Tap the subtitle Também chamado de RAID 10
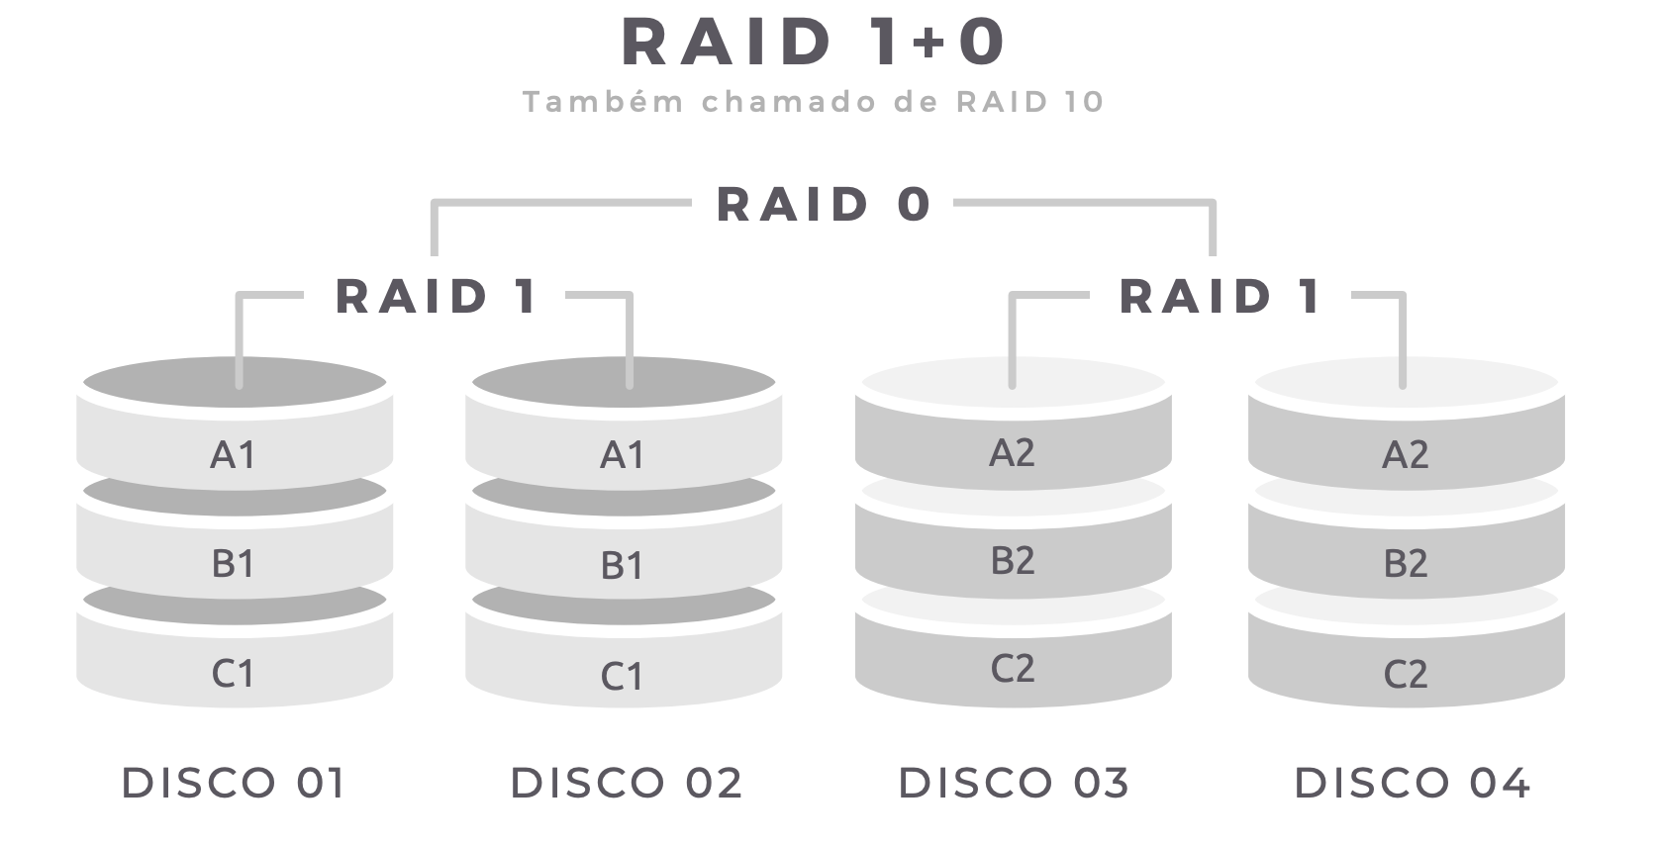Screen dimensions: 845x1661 click(813, 102)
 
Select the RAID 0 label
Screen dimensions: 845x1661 click(824, 205)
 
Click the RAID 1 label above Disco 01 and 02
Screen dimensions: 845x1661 click(437, 296)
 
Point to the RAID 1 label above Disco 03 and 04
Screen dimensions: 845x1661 click(1221, 296)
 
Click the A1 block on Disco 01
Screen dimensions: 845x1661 click(234, 454)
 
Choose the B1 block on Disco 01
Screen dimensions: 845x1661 click(234, 563)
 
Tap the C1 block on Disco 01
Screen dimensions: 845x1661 click(234, 673)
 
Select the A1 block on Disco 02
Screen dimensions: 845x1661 click(623, 454)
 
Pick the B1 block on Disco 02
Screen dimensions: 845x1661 click(623, 565)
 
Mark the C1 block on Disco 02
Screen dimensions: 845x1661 click(623, 676)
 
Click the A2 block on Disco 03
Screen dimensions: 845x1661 click(1013, 452)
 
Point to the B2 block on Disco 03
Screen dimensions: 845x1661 click(1013, 560)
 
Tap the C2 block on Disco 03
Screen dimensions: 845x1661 click(1013, 669)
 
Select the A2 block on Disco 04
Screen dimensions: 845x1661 click(1406, 454)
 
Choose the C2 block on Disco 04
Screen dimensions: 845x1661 click(1406, 674)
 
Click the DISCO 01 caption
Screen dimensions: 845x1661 click(234, 783)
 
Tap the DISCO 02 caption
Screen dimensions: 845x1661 click(626, 783)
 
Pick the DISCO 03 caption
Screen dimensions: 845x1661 click(1014, 783)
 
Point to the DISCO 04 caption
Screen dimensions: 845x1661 click(1413, 783)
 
